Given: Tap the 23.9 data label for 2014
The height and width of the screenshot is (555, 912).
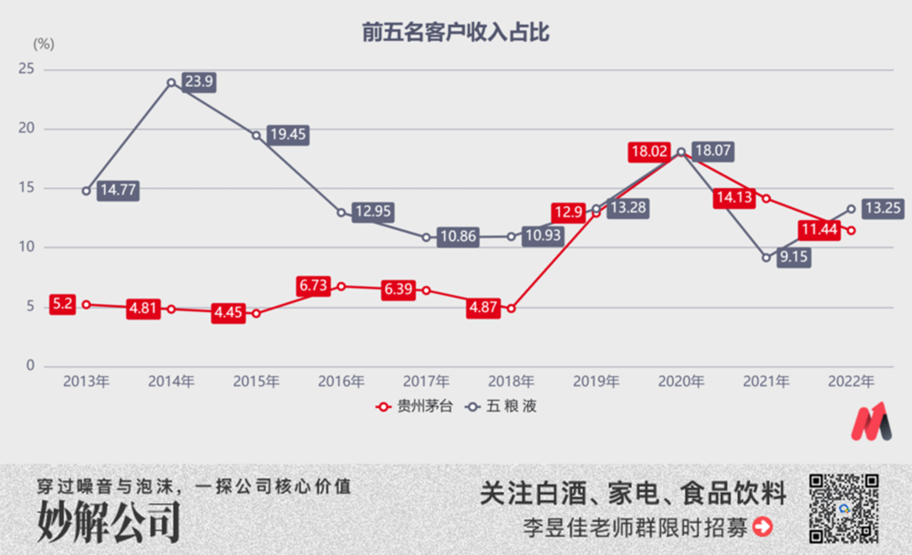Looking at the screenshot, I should point(199,81).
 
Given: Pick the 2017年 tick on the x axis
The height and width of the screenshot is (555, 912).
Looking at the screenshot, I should point(427,382).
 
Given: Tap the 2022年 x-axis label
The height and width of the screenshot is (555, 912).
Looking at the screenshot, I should point(852,382).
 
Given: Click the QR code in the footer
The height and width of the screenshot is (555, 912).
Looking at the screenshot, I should point(844,508).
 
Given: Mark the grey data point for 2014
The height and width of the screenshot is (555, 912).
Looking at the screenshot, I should point(171,82).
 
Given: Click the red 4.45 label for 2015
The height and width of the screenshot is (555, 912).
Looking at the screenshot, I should point(230,314).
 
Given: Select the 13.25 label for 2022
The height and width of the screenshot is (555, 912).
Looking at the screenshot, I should point(882,208).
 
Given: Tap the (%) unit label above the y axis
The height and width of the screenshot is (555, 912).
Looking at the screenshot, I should point(44,43).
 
